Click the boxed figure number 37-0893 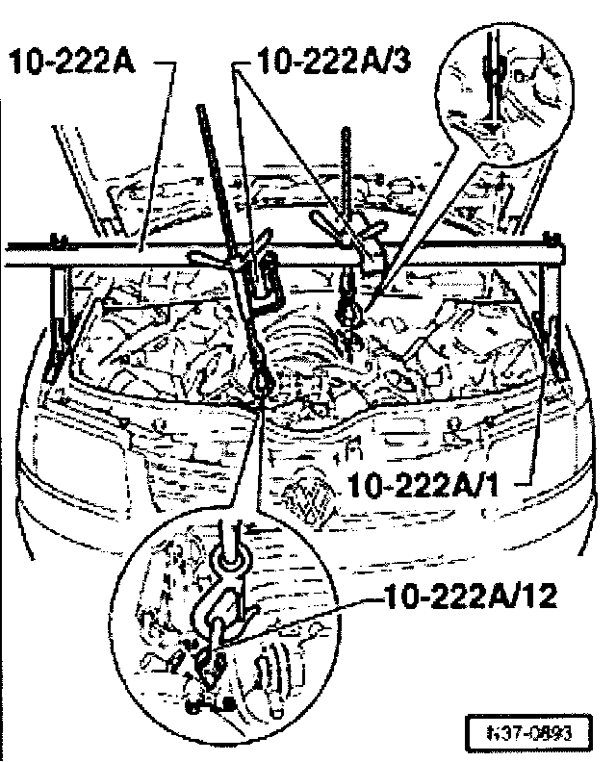tap(526, 729)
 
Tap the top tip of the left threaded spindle tap(199, 108)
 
